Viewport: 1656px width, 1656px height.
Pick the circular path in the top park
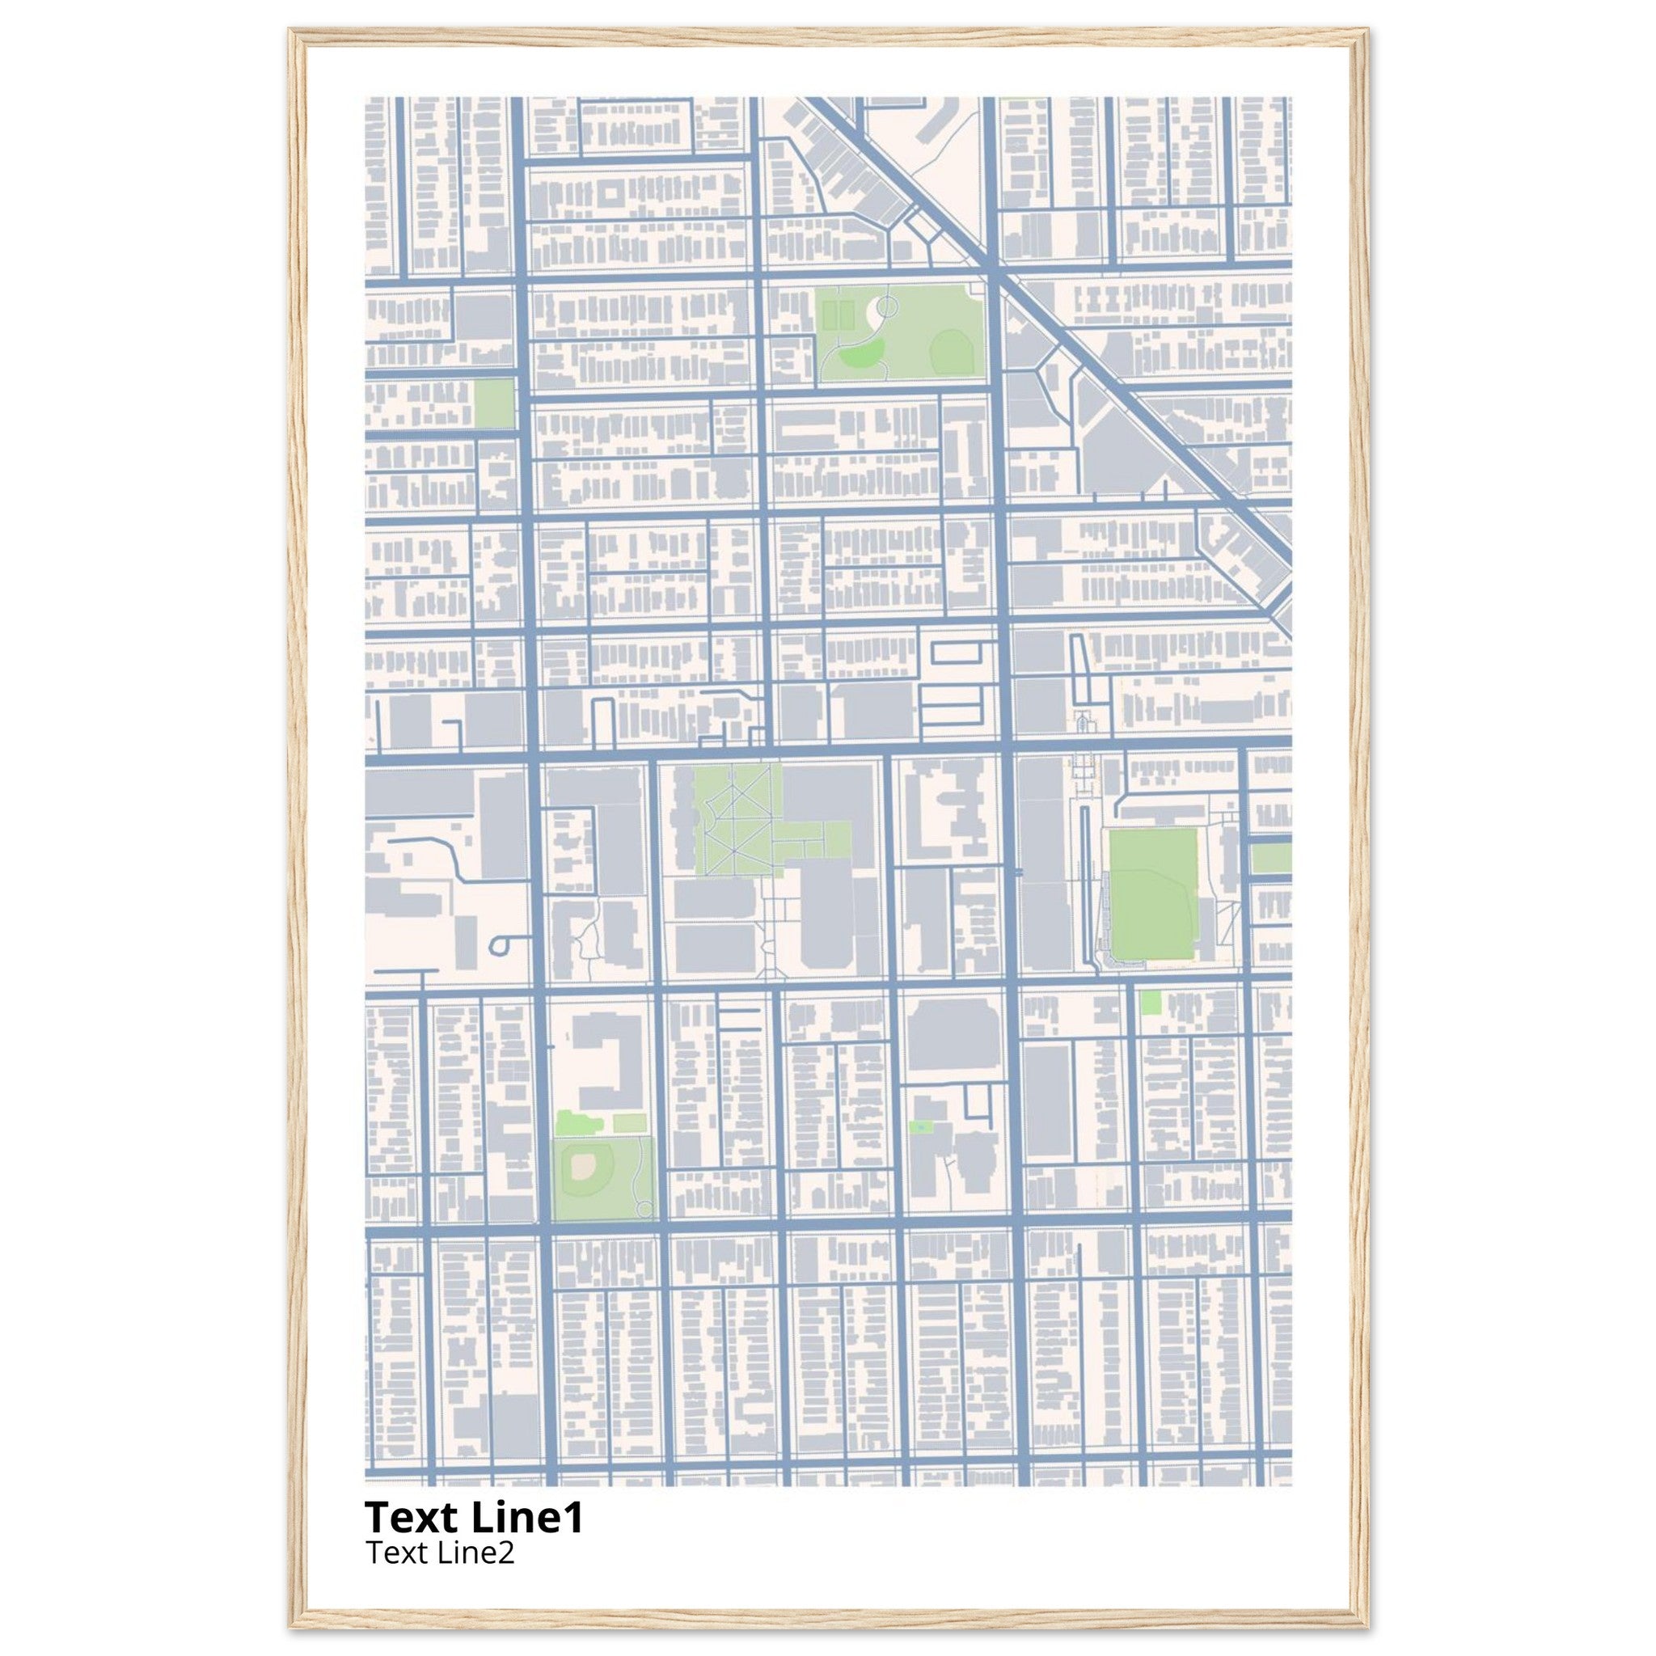[x=886, y=302]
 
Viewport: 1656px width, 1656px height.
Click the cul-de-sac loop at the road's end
[x=500, y=944]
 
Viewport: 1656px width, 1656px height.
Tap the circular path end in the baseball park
[x=644, y=1209]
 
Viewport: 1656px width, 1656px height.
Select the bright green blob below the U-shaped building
[x=568, y=1122]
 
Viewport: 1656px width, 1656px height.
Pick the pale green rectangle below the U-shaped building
[x=628, y=1122]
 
